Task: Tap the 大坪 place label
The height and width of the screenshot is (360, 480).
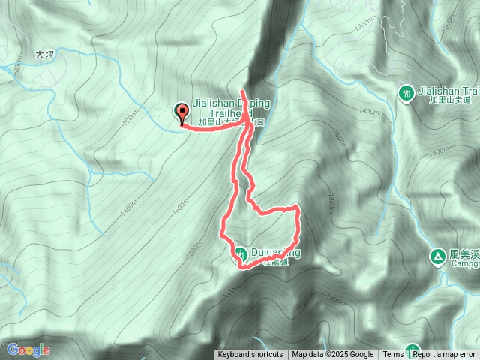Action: point(46,55)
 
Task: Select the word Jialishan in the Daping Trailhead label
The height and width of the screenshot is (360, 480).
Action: point(216,101)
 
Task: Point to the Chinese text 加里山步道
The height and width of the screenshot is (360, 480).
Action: point(449,99)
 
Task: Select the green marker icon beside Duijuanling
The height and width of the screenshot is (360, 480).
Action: point(240,253)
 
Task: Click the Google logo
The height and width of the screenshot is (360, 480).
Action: point(28,349)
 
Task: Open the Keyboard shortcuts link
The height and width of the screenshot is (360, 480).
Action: point(250,355)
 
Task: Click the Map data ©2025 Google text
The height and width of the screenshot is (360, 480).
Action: point(333,355)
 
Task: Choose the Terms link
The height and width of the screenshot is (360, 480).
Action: point(393,355)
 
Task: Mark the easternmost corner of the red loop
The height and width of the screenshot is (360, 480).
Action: point(299,206)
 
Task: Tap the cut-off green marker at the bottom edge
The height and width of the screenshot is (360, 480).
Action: point(412,351)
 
